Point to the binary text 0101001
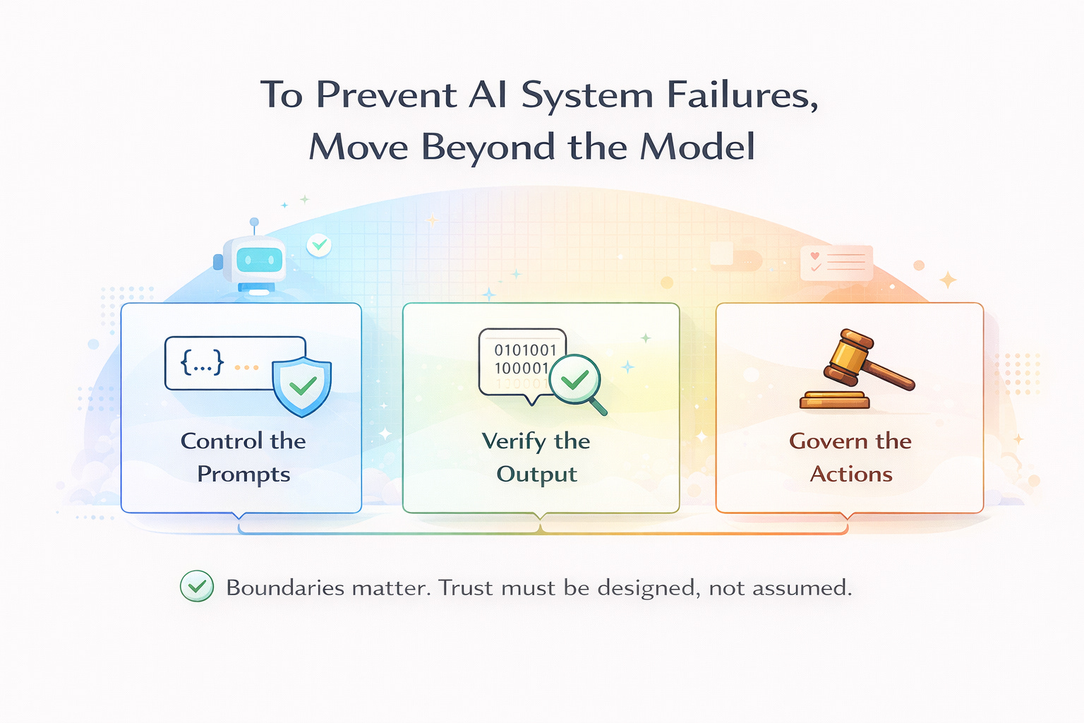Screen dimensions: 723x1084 click(x=525, y=350)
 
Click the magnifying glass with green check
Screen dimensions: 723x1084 click(x=577, y=381)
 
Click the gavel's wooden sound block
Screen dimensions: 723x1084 click(x=834, y=400)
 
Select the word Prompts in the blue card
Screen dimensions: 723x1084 click(x=243, y=474)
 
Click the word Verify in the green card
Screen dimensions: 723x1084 click(x=514, y=442)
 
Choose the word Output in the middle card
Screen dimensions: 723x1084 click(x=536, y=474)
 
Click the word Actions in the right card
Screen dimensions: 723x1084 click(x=850, y=474)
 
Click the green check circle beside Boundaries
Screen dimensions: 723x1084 click(x=197, y=586)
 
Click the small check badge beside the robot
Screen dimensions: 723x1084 click(x=319, y=245)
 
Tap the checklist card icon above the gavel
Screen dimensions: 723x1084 click(x=836, y=263)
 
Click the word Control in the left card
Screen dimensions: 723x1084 click(x=222, y=441)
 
